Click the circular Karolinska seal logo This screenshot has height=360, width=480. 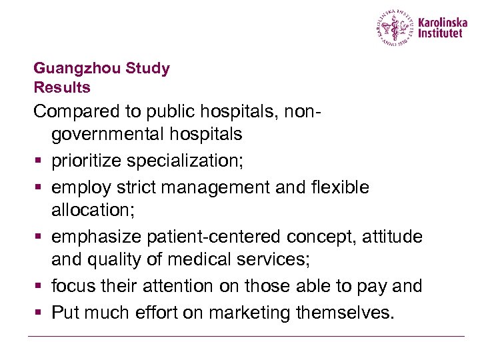(x=395, y=28)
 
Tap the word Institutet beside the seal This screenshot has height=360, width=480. (x=440, y=35)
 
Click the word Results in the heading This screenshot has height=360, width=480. (x=62, y=87)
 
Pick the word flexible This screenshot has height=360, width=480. (x=338, y=188)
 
